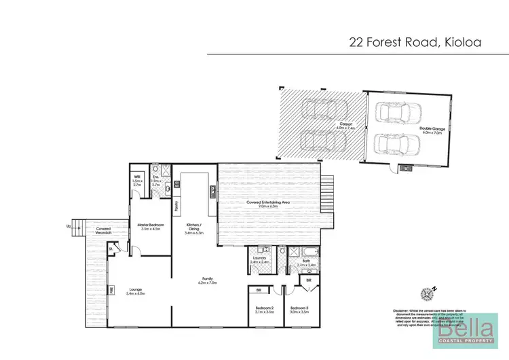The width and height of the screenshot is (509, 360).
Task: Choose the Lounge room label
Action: (x=137, y=291)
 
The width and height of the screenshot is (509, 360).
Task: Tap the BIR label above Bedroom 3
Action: (x=308, y=279)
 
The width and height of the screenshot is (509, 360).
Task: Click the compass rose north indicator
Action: (x=428, y=293)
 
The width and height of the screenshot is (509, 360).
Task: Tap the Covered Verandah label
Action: (x=103, y=231)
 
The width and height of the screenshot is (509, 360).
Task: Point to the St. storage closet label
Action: (x=110, y=249)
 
